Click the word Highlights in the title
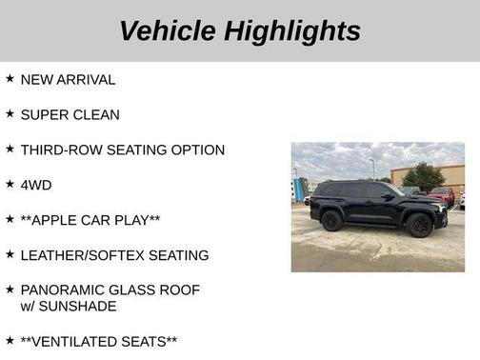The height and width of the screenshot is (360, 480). coord(292,30)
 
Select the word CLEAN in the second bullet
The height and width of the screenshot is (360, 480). coord(97,115)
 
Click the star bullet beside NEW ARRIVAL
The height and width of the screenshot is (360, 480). coord(10,79)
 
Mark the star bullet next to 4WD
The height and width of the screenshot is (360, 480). coord(10,184)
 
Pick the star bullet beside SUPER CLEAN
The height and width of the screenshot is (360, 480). coord(10,114)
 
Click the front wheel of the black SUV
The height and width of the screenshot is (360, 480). coord(419,226)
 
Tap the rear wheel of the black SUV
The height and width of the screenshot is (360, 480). coord(332,221)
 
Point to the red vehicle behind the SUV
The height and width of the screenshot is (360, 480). coord(441,195)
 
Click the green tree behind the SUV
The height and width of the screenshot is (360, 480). coord(424,175)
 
